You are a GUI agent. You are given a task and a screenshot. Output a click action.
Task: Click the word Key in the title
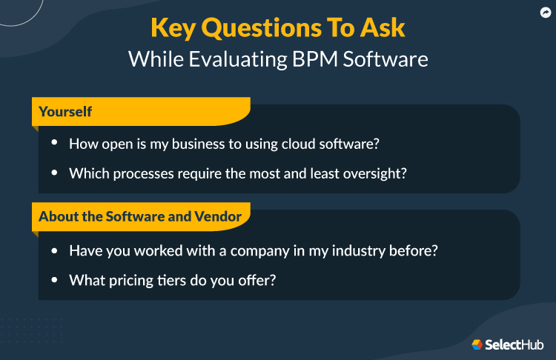[175, 28]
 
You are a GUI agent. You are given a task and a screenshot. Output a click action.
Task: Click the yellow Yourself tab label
[65, 112]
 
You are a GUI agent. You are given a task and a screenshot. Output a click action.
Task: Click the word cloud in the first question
[301, 144]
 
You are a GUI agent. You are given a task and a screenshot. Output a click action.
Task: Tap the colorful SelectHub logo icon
[477, 344]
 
